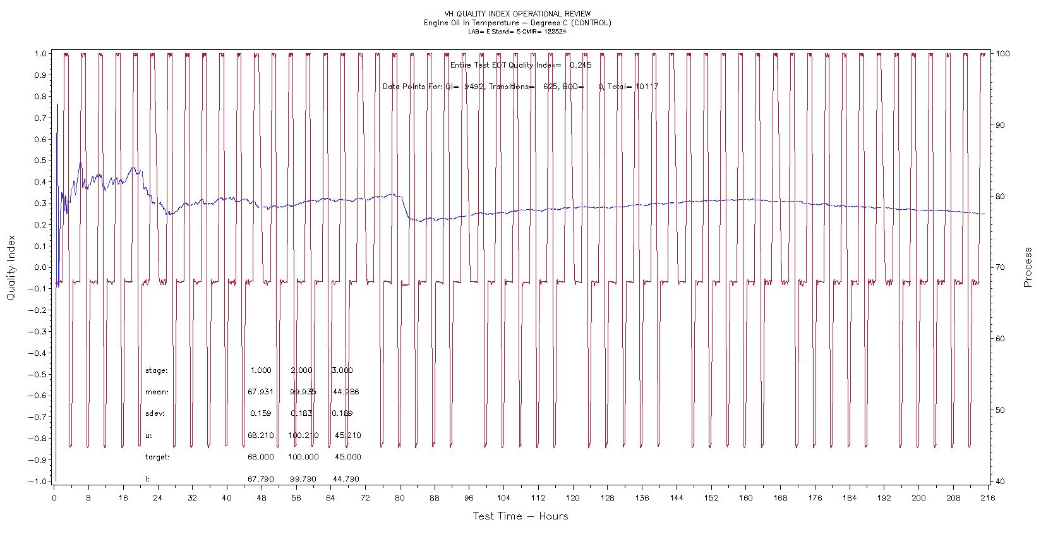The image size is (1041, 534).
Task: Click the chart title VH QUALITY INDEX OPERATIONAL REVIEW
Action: click(517, 13)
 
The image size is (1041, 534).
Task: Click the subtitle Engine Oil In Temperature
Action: click(517, 23)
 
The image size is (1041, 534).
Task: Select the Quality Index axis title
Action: click(11, 268)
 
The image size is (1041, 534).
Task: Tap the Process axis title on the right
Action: click(1028, 267)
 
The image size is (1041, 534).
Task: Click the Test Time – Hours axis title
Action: click(520, 516)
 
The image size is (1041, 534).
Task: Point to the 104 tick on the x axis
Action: click(503, 498)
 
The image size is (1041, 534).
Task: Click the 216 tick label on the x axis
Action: click(987, 498)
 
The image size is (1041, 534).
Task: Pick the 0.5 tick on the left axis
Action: click(40, 161)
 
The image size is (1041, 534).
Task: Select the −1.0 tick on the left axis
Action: click(38, 481)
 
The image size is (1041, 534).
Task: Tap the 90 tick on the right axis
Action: click(1000, 125)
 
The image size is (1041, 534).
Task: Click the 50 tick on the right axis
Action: click(1000, 410)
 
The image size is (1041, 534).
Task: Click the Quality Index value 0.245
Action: click(581, 65)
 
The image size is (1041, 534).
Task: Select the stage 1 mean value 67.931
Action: click(260, 392)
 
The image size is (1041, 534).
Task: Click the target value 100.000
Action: click(303, 457)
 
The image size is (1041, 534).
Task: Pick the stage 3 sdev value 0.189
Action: click(342, 413)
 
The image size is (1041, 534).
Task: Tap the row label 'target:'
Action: click(158, 457)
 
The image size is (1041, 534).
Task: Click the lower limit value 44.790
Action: click(346, 479)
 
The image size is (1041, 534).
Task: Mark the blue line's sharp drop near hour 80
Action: click(404, 207)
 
